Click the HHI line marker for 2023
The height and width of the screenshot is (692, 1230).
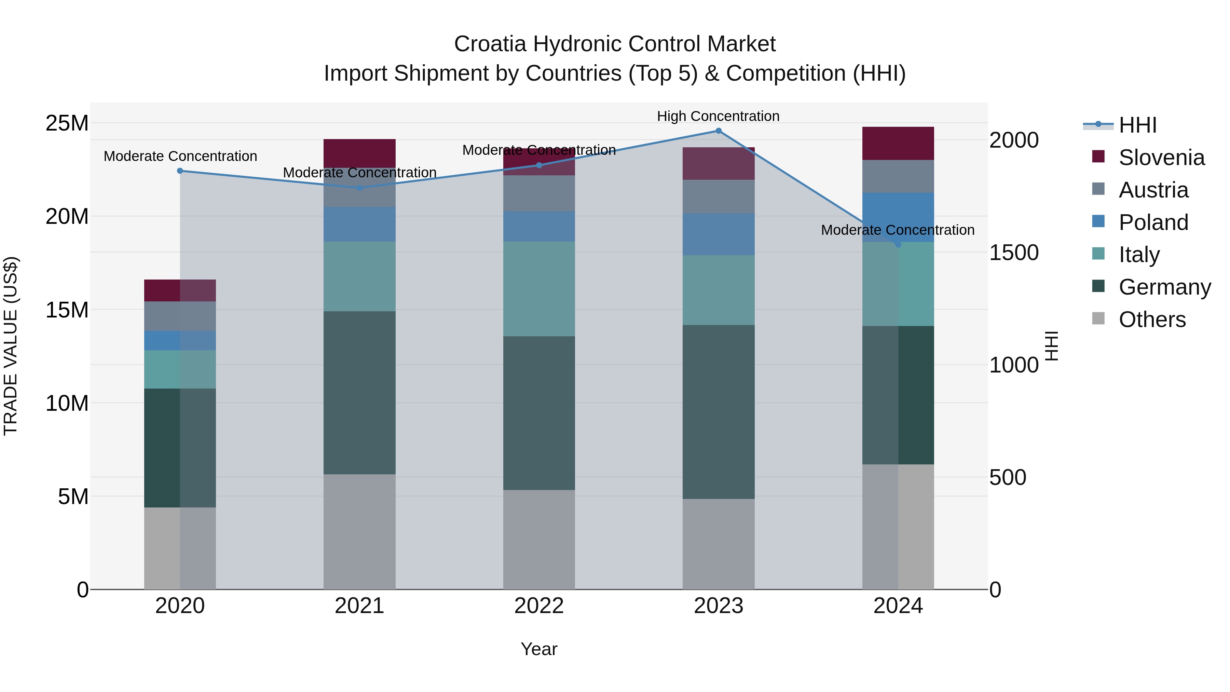pos(718,131)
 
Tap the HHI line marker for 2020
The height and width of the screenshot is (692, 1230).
pos(180,171)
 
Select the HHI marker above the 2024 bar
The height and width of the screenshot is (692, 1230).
pos(898,245)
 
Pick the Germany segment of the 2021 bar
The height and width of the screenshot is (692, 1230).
pos(359,393)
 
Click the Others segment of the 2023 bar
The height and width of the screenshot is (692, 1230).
pos(718,544)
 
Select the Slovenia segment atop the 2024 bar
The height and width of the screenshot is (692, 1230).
pos(898,143)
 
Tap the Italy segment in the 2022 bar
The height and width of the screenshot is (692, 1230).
pos(538,289)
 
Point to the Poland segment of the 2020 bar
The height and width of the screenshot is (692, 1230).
pos(180,340)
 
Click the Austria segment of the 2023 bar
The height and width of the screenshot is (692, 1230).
pos(718,196)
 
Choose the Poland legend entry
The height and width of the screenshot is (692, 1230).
pos(1153,222)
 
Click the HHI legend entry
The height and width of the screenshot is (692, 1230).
pos(1137,125)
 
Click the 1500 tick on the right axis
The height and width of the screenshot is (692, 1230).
pos(1013,253)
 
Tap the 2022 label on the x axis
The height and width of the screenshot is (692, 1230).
pos(538,606)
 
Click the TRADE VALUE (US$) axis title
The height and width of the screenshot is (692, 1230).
pos(11,346)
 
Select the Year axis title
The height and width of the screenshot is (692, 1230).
pos(538,649)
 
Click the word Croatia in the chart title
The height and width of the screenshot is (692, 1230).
pos(490,44)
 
